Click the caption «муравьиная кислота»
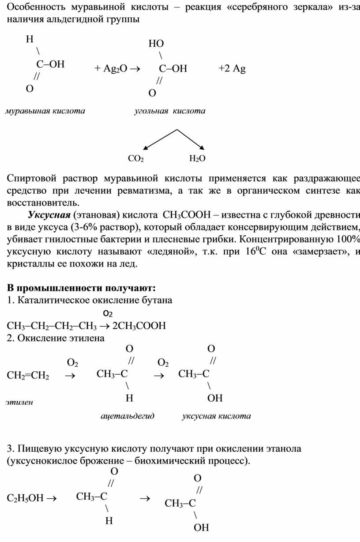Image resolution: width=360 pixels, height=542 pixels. click(x=45, y=111)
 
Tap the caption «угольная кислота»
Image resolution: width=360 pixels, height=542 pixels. click(x=170, y=111)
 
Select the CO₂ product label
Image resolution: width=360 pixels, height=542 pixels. click(x=136, y=158)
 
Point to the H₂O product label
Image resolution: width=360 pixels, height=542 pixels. click(x=197, y=158)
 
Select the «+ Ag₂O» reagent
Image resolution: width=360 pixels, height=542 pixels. click(x=110, y=68)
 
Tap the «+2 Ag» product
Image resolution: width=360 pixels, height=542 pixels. click(x=232, y=68)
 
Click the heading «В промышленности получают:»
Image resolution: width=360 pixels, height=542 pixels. click(x=81, y=288)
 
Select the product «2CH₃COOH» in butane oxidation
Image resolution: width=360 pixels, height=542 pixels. click(x=139, y=326)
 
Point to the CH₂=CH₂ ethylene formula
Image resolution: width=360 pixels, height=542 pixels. click(x=28, y=376)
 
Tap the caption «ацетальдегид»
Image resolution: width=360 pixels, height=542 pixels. click(x=127, y=416)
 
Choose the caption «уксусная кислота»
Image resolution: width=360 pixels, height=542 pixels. click(x=216, y=416)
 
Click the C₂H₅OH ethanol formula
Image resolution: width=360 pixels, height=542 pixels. click(x=25, y=498)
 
